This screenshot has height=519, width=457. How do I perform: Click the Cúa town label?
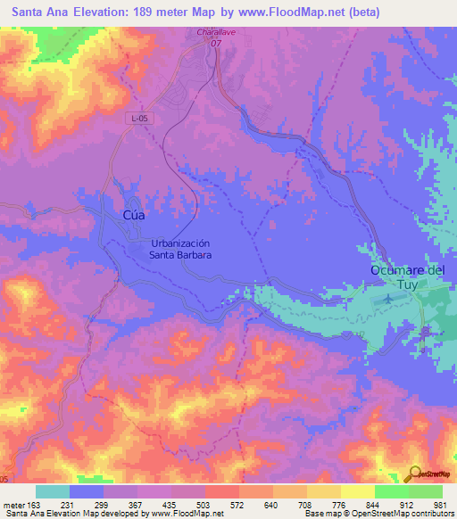point(132,216)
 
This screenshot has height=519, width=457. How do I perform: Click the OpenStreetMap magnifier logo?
point(413,474)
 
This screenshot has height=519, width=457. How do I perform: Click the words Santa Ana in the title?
point(37,12)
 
